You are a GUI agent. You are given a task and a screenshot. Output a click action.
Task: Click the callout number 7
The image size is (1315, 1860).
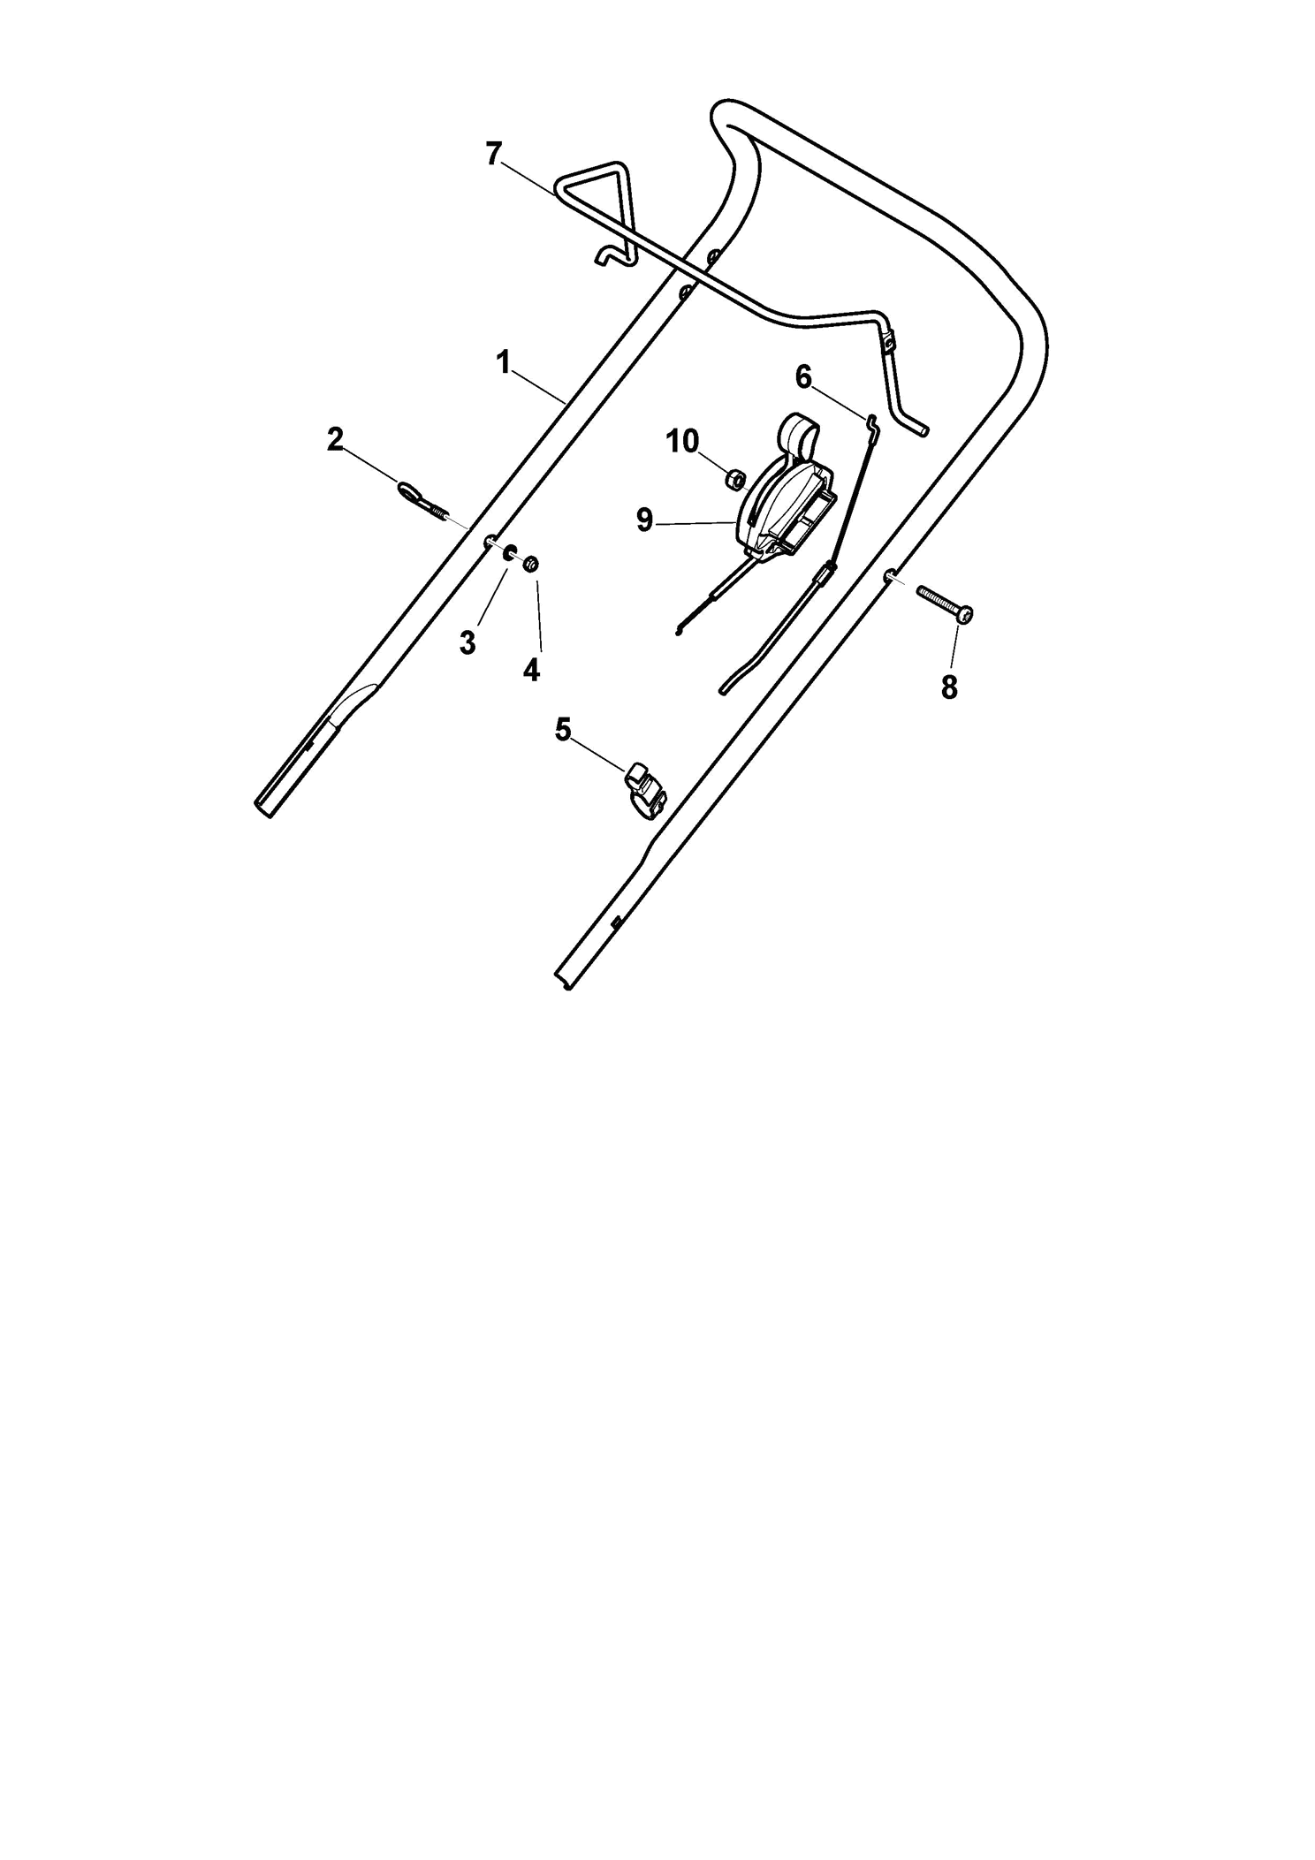coord(493,154)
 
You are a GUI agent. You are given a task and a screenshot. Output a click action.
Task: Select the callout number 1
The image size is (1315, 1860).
coord(503,362)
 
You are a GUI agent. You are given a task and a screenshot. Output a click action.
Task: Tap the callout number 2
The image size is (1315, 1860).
coord(335,439)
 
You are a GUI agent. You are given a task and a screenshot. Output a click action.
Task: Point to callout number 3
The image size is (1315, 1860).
coord(467,643)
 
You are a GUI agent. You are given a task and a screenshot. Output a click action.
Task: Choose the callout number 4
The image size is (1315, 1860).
coord(530,671)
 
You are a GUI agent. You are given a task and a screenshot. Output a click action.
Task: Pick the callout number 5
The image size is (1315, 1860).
coord(563,729)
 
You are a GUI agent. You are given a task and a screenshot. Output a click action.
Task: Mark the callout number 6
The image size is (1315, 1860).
coord(802,377)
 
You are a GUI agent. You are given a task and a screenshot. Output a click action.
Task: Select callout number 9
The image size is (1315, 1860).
coord(644,520)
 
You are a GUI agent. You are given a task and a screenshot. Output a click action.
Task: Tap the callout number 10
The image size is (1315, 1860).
coord(682,441)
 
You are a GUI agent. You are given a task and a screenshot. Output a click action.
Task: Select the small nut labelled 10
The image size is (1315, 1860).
coord(733,479)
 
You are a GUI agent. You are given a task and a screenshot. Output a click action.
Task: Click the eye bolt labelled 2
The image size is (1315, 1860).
coord(423,501)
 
